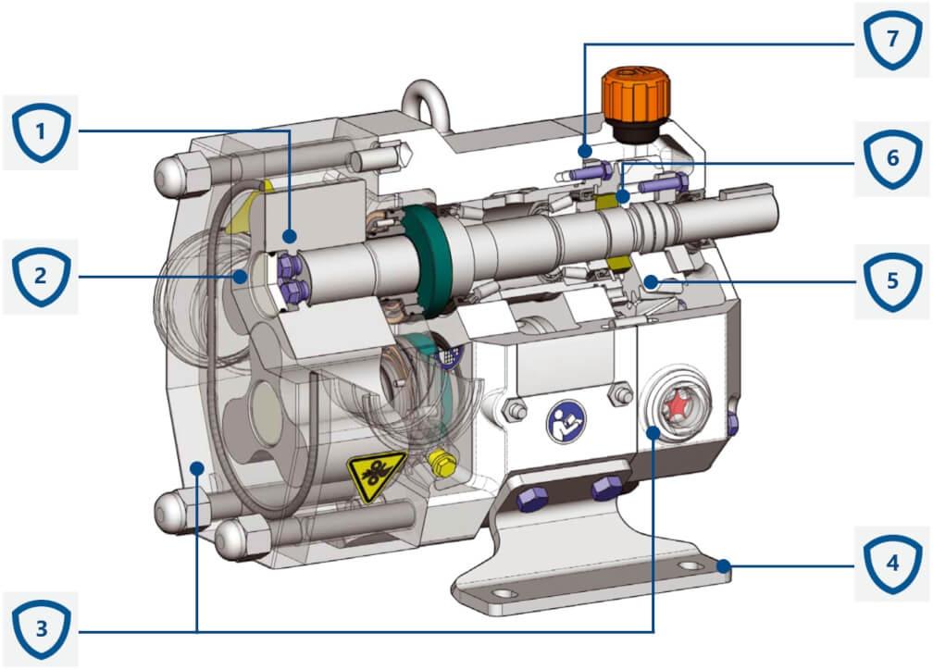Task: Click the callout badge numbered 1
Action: (x=41, y=133)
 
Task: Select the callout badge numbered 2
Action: (x=41, y=276)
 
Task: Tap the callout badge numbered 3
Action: (x=41, y=631)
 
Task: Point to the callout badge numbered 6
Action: (x=890, y=158)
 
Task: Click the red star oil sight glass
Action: (x=675, y=403)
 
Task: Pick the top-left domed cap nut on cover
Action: (x=173, y=169)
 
